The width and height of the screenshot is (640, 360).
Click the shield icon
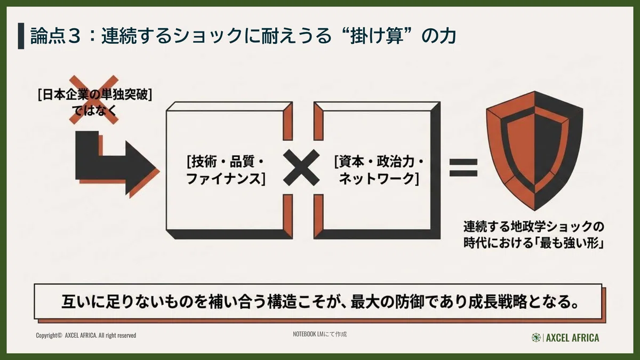pos(534,150)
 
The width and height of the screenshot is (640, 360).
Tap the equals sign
pos(463,167)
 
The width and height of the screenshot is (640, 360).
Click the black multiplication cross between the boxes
pos(301,167)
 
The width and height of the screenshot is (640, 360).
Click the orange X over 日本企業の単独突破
pos(94,100)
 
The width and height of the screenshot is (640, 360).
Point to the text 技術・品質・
pos(226,162)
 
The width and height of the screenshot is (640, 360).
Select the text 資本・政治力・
pos(379,162)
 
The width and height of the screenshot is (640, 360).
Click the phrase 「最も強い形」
pos(569,243)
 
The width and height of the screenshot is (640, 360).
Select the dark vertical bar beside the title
pos(21,36)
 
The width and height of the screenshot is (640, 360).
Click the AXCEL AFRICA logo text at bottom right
pos(573,338)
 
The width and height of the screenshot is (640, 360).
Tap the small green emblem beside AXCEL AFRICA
pos(536,338)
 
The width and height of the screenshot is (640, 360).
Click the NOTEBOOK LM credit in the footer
pos(319,334)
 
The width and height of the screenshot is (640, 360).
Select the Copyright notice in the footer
pos(86,335)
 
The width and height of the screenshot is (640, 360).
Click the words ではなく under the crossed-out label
pos(94,110)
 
